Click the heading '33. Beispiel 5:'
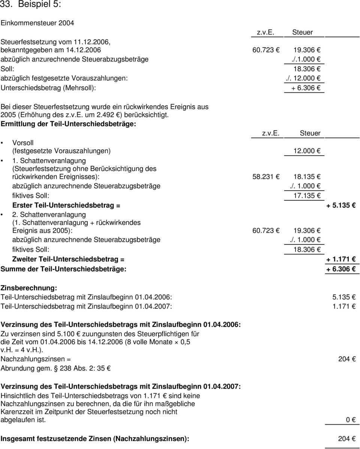(x=31, y=5)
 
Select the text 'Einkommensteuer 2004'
(x=37, y=23)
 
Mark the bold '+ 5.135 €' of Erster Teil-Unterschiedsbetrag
(x=341, y=205)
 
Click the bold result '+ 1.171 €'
(x=341, y=259)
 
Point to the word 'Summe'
(x=11, y=269)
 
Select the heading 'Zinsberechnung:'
(x=29, y=288)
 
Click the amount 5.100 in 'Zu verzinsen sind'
(x=64, y=334)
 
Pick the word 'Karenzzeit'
(x=16, y=412)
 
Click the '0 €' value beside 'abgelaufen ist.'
(x=350, y=420)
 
